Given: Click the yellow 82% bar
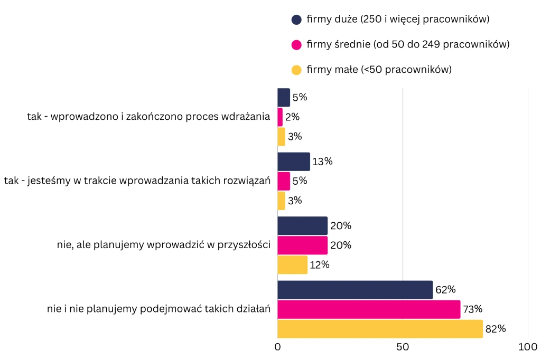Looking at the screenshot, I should point(380,329).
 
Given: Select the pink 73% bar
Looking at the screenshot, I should point(369,309).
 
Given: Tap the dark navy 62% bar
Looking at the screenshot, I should point(355,290).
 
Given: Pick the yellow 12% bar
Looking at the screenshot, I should point(292,265).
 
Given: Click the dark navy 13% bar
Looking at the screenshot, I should point(294,162).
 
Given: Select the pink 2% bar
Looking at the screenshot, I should point(280,117).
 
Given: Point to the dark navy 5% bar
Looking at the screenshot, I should point(284,98).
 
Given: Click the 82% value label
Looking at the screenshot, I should point(496,329).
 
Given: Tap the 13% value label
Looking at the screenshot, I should point(322,162).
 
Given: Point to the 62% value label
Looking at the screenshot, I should point(445,290).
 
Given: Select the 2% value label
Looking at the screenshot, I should point(292,117).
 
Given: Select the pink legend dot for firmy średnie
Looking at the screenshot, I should point(296,45).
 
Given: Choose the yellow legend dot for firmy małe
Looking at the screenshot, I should point(296,70).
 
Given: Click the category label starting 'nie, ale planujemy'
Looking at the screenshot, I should point(164,245).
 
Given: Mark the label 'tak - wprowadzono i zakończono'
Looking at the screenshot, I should point(148,117).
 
